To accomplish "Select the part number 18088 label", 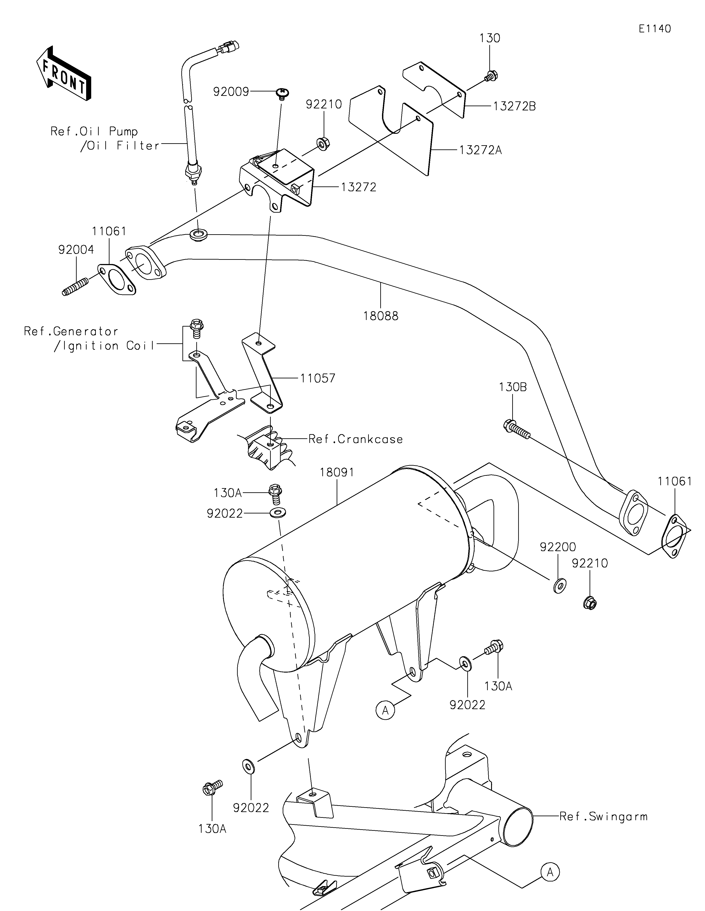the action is click(x=381, y=316).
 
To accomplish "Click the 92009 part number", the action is click(x=231, y=91).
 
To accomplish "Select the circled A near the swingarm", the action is click(x=550, y=871).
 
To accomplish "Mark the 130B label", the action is click(x=513, y=387).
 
